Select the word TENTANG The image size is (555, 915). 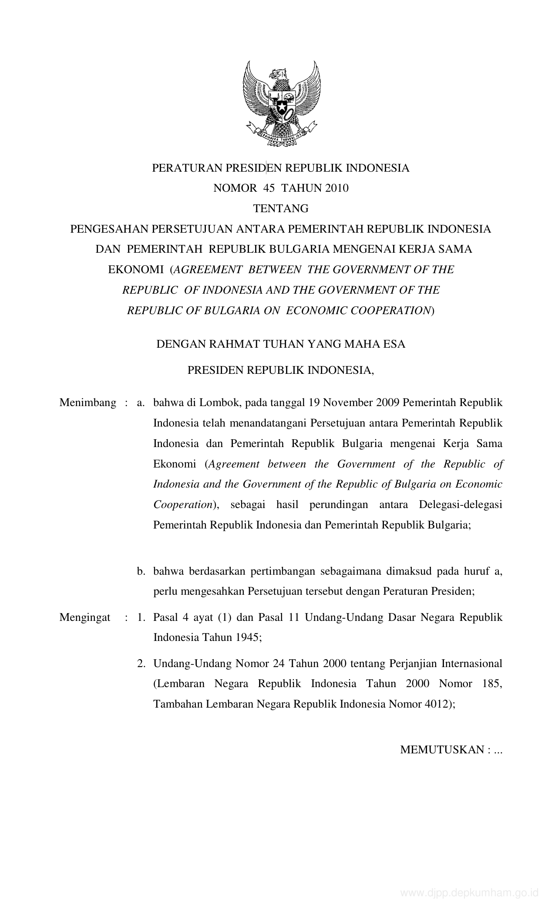[281, 209]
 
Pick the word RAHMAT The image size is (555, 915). [234, 344]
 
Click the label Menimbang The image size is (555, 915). [87, 403]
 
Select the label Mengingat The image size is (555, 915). [85, 617]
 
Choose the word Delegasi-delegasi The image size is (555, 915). [461, 505]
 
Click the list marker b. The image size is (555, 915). [140, 571]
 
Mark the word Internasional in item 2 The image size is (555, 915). [472, 664]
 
